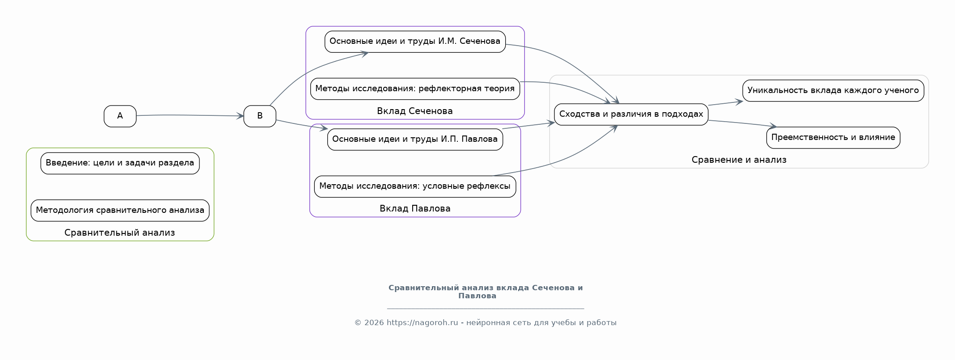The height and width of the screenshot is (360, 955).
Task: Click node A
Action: coord(120,116)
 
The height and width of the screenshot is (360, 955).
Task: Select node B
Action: coord(260,116)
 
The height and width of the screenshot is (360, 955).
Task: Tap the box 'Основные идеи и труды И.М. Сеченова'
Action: coord(415,42)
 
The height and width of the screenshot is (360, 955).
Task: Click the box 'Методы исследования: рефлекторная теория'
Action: coord(415,89)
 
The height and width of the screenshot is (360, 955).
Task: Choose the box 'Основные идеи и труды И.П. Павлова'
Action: coord(415,139)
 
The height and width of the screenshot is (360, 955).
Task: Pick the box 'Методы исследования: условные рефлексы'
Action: coord(415,186)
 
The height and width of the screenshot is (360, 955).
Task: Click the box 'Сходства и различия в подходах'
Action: coord(631,114)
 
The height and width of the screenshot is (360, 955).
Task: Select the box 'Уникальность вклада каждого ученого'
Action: coord(833,91)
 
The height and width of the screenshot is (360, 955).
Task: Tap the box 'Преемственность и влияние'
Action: coord(833,138)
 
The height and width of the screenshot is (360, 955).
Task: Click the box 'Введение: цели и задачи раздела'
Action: coord(120,163)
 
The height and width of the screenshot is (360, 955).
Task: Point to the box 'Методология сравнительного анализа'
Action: coord(120,211)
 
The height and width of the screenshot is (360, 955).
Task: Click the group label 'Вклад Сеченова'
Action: coord(415,111)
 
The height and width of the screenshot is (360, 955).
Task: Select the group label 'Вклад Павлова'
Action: coord(415,208)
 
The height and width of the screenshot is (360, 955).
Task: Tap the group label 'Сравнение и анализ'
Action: coord(739,160)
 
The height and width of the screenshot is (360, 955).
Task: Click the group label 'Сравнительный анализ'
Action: coord(120,233)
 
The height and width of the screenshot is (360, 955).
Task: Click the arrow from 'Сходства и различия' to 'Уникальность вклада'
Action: coord(726,103)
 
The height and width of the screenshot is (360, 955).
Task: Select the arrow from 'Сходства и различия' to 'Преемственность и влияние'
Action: coord(742,123)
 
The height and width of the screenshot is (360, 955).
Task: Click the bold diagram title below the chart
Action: coord(486,292)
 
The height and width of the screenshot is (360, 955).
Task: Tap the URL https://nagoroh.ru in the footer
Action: coord(423,322)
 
